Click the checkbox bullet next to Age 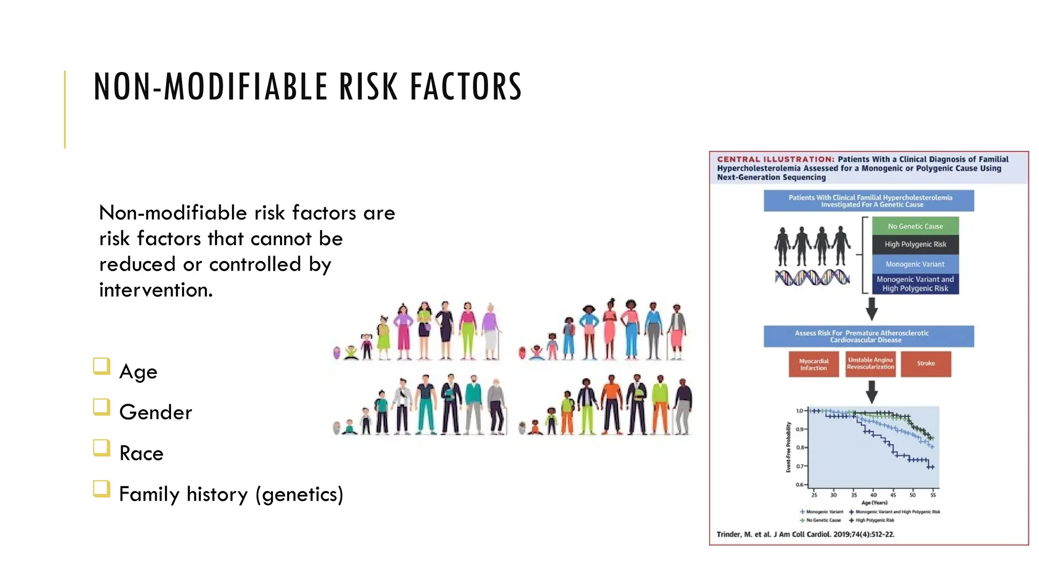[x=101, y=366]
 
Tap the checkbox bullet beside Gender [x=101, y=407]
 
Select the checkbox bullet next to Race [x=101, y=448]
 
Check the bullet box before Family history [x=101, y=489]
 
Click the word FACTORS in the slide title [x=466, y=87]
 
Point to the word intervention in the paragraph [x=155, y=290]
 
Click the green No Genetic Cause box [x=915, y=226]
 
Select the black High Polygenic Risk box [x=915, y=244]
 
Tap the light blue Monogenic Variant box [x=915, y=264]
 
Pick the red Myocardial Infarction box [x=814, y=364]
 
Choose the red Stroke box [x=926, y=364]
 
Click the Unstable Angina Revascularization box [x=871, y=364]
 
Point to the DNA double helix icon [x=812, y=277]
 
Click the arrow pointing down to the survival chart [x=872, y=392]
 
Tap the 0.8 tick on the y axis [x=800, y=447]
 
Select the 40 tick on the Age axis [x=874, y=495]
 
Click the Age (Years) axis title [x=874, y=503]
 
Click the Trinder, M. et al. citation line [x=805, y=534]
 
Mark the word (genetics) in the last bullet [x=299, y=494]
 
